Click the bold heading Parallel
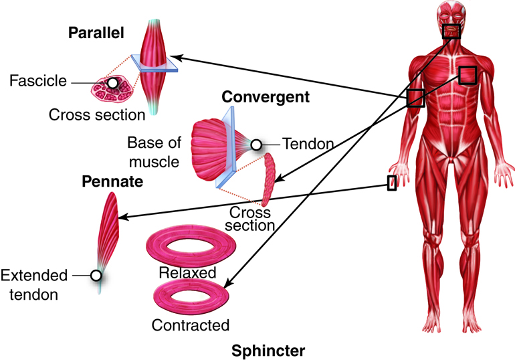(96, 33)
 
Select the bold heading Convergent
(266, 97)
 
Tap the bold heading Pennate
(112, 181)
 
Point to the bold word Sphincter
(268, 351)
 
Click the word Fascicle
(38, 81)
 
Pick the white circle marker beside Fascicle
(112, 83)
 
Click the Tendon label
(308, 144)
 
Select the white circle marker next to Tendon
(256, 145)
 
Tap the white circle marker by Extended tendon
(96, 276)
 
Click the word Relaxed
(187, 272)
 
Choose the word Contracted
(191, 325)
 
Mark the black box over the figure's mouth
(451, 31)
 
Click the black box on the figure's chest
(468, 75)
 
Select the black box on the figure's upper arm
(416, 98)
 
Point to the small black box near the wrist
(392, 183)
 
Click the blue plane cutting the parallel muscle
(154, 64)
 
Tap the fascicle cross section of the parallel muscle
(112, 88)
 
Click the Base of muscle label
(154, 153)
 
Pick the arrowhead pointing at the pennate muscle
(123, 217)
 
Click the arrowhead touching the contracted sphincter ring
(229, 282)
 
